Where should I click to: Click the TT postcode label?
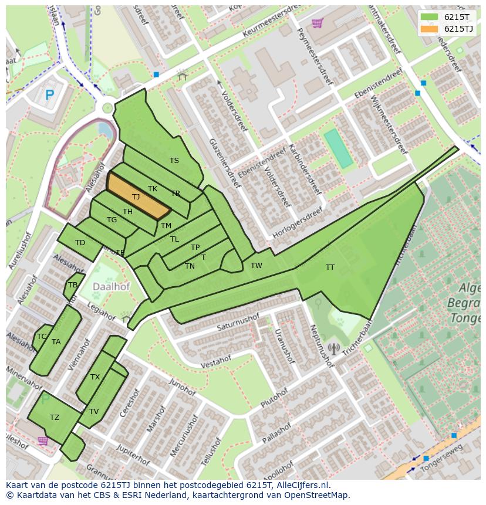coord(330,267)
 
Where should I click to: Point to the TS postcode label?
coord(174,161)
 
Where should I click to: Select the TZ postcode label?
coord(55,418)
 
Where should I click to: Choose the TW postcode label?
coord(256,266)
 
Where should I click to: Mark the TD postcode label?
coord(80,243)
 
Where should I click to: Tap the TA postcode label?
coord(56,342)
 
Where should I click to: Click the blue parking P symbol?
coord(50,94)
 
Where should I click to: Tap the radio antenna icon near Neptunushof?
coord(333,348)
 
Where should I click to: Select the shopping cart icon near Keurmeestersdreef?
coord(318,23)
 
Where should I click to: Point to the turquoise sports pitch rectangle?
coord(338,148)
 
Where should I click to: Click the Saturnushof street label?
coord(238,323)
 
